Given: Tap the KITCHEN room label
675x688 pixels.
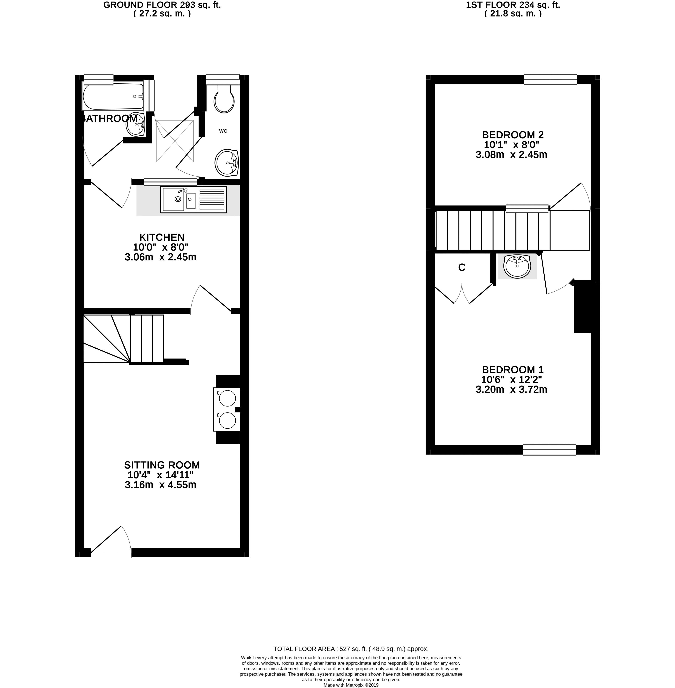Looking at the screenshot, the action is tap(162, 237).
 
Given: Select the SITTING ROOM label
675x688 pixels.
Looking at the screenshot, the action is tap(162, 465).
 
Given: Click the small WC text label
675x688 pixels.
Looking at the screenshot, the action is tap(223, 131).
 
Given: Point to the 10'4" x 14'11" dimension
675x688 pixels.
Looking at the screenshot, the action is tap(161, 475).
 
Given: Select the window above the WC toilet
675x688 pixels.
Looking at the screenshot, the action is tap(223, 79).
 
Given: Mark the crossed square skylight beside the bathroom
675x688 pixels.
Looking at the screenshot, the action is tap(175, 141).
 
